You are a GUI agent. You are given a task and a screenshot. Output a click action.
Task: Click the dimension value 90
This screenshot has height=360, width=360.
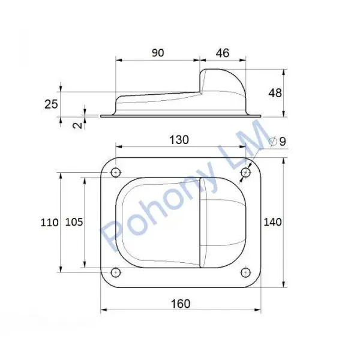click(158, 53)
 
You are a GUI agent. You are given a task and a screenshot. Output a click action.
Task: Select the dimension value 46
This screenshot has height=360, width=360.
click(223, 53)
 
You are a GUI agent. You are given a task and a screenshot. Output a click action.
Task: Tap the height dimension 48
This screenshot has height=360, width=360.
click(275, 93)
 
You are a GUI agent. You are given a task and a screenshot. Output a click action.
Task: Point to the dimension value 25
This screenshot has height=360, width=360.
click(51, 104)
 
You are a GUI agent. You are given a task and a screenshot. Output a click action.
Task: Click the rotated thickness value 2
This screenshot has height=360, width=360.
click(78, 125)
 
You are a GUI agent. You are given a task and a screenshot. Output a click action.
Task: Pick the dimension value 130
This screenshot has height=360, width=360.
click(179, 140)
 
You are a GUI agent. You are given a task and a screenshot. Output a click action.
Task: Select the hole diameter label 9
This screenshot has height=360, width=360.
click(283, 142)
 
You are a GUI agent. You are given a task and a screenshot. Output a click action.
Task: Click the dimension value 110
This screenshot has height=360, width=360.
click(49, 223)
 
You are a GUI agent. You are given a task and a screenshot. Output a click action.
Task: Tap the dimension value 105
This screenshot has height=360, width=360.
click(74, 222)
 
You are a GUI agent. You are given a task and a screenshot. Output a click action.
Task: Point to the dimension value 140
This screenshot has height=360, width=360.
click(272, 222)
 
